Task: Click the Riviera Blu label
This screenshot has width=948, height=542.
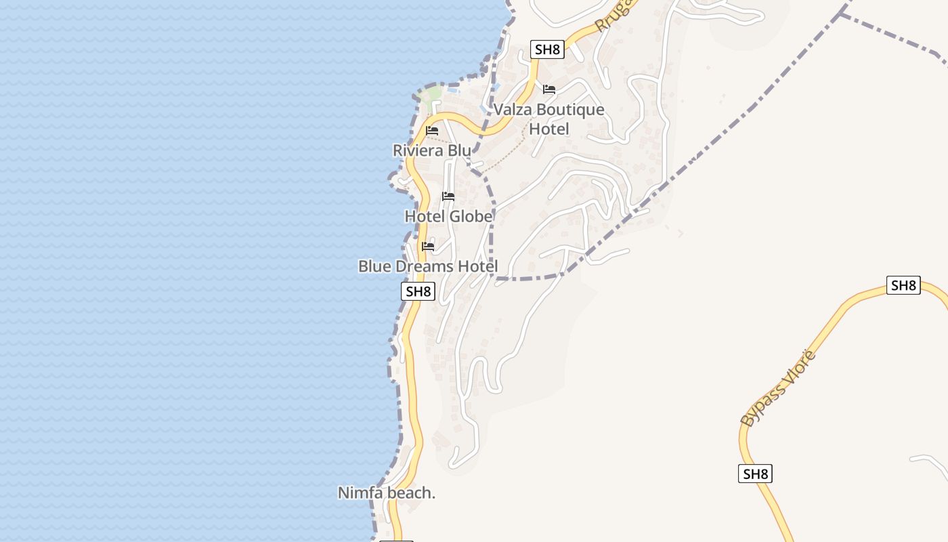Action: tap(432, 150)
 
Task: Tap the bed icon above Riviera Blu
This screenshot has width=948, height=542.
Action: tap(432, 130)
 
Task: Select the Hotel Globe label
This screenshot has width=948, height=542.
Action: tap(448, 216)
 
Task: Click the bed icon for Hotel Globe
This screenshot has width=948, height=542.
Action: tap(448, 196)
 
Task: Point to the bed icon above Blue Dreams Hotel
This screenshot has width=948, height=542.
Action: tap(428, 246)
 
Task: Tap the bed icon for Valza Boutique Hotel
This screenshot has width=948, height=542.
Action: tap(549, 89)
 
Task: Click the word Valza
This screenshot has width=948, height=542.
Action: tap(512, 110)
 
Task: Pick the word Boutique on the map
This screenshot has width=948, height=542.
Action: tap(570, 110)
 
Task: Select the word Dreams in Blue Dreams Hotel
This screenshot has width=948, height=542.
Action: tap(425, 266)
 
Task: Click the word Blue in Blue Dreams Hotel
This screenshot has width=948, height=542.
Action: tap(374, 266)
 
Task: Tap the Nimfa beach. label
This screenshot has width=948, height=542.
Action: tap(387, 493)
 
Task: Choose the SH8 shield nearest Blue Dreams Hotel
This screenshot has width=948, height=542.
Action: tap(418, 292)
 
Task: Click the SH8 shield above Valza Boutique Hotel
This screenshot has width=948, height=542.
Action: tap(548, 49)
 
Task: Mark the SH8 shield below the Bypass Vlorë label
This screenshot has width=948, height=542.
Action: tap(755, 474)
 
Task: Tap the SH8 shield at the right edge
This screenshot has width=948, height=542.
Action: tap(903, 285)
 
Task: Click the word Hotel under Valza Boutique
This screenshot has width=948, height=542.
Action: tap(549, 129)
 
